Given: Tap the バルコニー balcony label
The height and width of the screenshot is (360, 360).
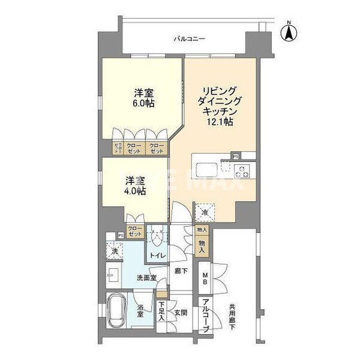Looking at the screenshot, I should click(189, 38).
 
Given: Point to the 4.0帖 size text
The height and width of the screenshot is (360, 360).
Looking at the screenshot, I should click(135, 191).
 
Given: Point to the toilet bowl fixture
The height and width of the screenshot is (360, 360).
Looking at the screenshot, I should click(157, 238).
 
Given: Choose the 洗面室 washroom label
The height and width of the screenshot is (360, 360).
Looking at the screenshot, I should click(146, 278).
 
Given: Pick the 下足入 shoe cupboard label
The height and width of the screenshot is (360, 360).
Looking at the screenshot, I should click(162, 314).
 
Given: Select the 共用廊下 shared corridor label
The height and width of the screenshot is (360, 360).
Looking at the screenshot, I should click(232, 317).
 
